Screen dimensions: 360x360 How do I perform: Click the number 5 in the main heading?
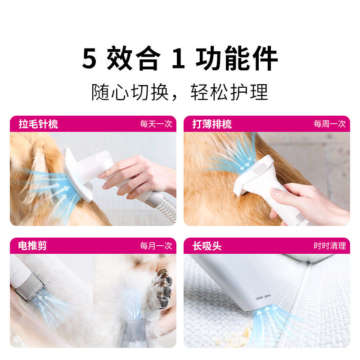pyautogui.click(x=90, y=58)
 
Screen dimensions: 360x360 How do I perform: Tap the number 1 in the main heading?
pyautogui.click(x=179, y=58)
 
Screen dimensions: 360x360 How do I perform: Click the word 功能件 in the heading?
pyautogui.click(x=237, y=58)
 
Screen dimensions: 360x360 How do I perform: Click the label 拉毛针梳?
pyautogui.click(x=38, y=124)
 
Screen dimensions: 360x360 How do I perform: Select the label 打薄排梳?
pyautogui.click(x=212, y=124)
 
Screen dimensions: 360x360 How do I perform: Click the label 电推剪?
pyautogui.click(x=33, y=246)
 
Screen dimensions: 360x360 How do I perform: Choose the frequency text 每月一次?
pyautogui.click(x=156, y=246)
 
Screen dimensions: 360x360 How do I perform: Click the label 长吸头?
pyautogui.click(x=207, y=246)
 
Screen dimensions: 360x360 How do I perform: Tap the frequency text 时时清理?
pyautogui.click(x=329, y=246)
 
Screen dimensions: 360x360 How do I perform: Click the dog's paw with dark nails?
pyautogui.click(x=161, y=288)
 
